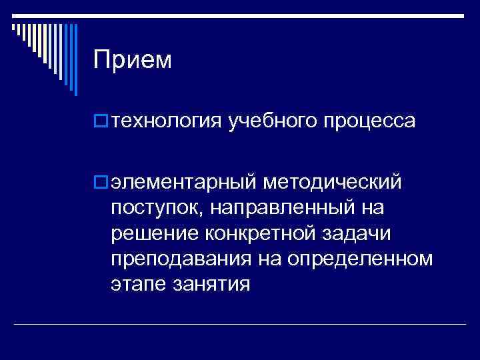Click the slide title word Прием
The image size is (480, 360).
coord(132,61)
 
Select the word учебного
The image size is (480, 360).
coord(273,122)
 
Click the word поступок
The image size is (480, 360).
coord(155,209)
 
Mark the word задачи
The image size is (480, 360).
coord(359,234)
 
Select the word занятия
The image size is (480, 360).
coord(212,285)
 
